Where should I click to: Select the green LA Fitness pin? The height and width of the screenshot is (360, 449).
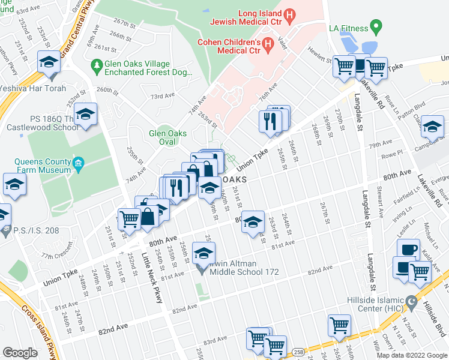[376, 27]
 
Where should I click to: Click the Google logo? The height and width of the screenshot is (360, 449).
[20, 353]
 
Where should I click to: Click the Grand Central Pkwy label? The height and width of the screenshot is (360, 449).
[79, 21]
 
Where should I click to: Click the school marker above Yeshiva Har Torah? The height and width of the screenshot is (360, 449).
[49, 61]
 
